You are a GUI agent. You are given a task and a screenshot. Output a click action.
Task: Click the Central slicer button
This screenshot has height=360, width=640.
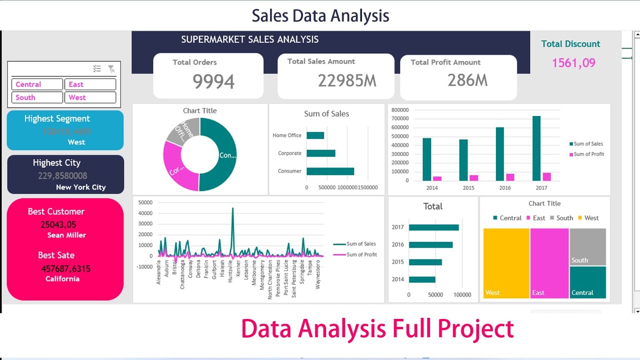[37, 84]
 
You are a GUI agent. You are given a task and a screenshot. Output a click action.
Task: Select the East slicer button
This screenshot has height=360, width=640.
[90, 84]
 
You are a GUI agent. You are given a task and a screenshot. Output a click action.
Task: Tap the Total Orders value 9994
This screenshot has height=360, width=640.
[213, 81]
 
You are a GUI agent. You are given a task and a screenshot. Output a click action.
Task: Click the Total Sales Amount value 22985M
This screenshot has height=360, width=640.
[347, 80]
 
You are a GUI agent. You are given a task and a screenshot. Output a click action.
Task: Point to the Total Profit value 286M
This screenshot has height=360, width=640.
[467, 80]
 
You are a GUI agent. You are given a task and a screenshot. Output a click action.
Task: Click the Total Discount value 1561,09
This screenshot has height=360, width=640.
[573, 63]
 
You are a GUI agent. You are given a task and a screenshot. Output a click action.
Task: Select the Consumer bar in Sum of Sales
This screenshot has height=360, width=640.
[330, 171]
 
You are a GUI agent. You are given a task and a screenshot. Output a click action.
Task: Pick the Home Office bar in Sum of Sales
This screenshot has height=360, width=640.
[315, 135]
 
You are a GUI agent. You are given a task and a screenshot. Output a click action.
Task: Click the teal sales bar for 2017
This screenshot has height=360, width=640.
[536, 148]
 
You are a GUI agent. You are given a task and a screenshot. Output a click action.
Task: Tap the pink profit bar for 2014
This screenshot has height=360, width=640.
[437, 178]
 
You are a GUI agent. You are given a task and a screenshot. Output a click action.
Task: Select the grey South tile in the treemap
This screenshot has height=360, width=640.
[587, 246]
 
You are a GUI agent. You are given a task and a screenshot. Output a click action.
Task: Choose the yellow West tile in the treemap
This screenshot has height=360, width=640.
[506, 263]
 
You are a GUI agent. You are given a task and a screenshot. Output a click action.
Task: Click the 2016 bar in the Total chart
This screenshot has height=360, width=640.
[430, 245]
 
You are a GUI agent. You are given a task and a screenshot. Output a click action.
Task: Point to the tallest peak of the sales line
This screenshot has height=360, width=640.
[232, 209]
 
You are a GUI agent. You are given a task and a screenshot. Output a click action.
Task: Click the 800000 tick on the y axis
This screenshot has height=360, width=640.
[400, 110]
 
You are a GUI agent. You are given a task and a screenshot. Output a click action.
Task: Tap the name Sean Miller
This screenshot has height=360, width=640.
[66, 235]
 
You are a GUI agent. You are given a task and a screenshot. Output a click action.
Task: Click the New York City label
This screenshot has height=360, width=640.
[81, 187]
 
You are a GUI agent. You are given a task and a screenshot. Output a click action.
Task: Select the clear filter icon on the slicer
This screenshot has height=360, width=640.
[111, 69]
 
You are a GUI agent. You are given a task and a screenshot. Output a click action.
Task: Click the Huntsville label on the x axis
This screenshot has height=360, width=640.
[231, 271]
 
